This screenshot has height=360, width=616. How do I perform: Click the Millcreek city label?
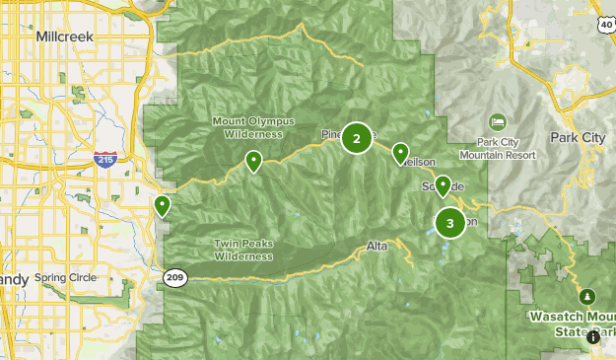tap(63, 36)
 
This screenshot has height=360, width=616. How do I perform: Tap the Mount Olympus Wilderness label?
tap(247, 127)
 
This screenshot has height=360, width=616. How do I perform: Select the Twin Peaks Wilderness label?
tap(242, 249)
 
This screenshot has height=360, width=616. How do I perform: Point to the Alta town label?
tap(376, 245)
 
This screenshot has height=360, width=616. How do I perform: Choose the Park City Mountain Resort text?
tap(498, 149)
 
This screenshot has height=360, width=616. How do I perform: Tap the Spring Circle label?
tap(65, 278)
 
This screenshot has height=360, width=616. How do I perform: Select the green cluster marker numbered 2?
tap(357, 139)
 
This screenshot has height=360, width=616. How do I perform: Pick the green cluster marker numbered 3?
tap(450, 223)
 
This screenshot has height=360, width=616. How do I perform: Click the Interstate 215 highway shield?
tap(103, 158)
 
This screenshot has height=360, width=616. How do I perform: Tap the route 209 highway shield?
tap(174, 278)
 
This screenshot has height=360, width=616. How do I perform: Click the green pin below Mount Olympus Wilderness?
tap(253, 161)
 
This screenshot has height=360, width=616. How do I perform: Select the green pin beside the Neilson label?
tap(400, 154)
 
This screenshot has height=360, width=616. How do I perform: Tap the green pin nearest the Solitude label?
tap(444, 185)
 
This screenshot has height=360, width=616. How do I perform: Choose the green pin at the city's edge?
tap(162, 205)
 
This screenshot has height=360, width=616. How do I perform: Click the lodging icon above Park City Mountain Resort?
tap(498, 120)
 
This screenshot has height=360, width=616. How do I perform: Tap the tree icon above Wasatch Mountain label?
tap(587, 296)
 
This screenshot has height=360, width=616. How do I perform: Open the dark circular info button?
tap(593, 337)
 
